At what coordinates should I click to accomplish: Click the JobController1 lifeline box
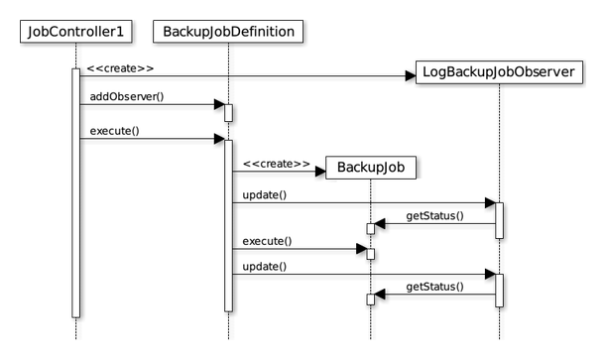[x=76, y=32]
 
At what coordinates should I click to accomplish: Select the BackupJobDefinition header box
[x=228, y=32]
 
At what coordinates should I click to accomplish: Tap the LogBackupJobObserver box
[x=499, y=71]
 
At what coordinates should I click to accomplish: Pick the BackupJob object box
[x=371, y=168]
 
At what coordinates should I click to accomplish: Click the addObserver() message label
[x=127, y=96]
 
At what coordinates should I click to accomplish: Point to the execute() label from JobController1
[x=114, y=131]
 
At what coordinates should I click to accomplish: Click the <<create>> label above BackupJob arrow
[x=277, y=164]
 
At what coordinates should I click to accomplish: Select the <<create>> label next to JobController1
[x=120, y=68]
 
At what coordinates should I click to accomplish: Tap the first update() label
[x=265, y=195]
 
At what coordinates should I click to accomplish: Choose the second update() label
[x=265, y=267]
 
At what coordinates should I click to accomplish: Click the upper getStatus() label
[x=434, y=215]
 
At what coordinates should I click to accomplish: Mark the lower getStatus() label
[x=434, y=287]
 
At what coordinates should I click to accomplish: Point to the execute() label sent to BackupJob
[x=267, y=241]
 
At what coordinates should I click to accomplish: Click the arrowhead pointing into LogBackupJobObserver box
[x=411, y=76]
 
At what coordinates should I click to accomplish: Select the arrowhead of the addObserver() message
[x=219, y=104]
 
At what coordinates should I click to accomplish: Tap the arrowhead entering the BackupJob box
[x=320, y=172]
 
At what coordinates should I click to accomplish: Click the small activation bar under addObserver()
[x=228, y=113]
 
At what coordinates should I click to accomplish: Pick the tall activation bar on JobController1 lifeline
[x=75, y=193]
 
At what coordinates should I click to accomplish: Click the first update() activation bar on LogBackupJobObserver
[x=499, y=220]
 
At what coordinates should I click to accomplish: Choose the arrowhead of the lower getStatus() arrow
[x=380, y=295]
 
